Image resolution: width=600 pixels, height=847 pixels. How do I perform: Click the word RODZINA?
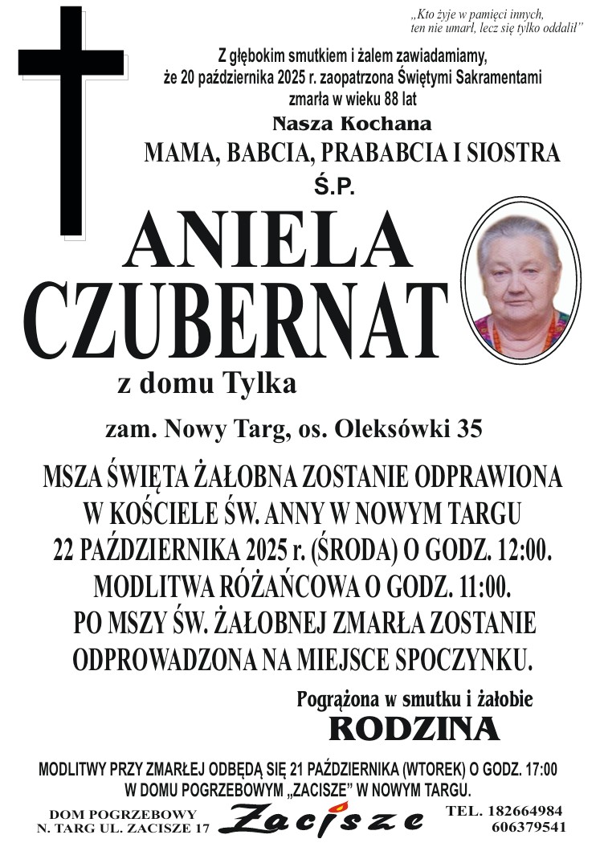click(x=414, y=728)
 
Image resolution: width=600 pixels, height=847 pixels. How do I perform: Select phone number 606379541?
click(x=529, y=826)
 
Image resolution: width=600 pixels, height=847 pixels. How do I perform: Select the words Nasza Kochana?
click(x=352, y=124)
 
